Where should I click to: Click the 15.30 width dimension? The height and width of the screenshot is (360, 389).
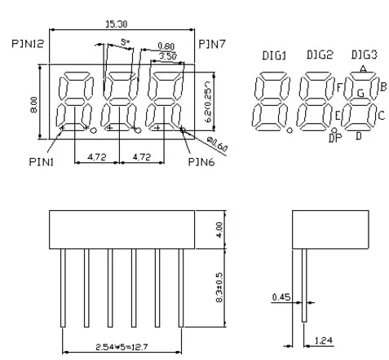[116, 24]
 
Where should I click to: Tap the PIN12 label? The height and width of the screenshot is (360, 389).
[28, 44]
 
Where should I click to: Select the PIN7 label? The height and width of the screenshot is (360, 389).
[212, 44]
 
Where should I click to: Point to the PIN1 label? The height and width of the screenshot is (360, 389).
[42, 162]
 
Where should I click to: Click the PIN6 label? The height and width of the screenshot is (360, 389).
[201, 162]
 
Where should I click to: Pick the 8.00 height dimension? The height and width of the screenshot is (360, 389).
[34, 105]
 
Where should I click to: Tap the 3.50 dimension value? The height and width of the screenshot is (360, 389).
[168, 56]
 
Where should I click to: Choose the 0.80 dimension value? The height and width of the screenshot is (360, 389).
[166, 46]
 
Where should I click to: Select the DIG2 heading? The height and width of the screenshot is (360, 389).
[320, 55]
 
